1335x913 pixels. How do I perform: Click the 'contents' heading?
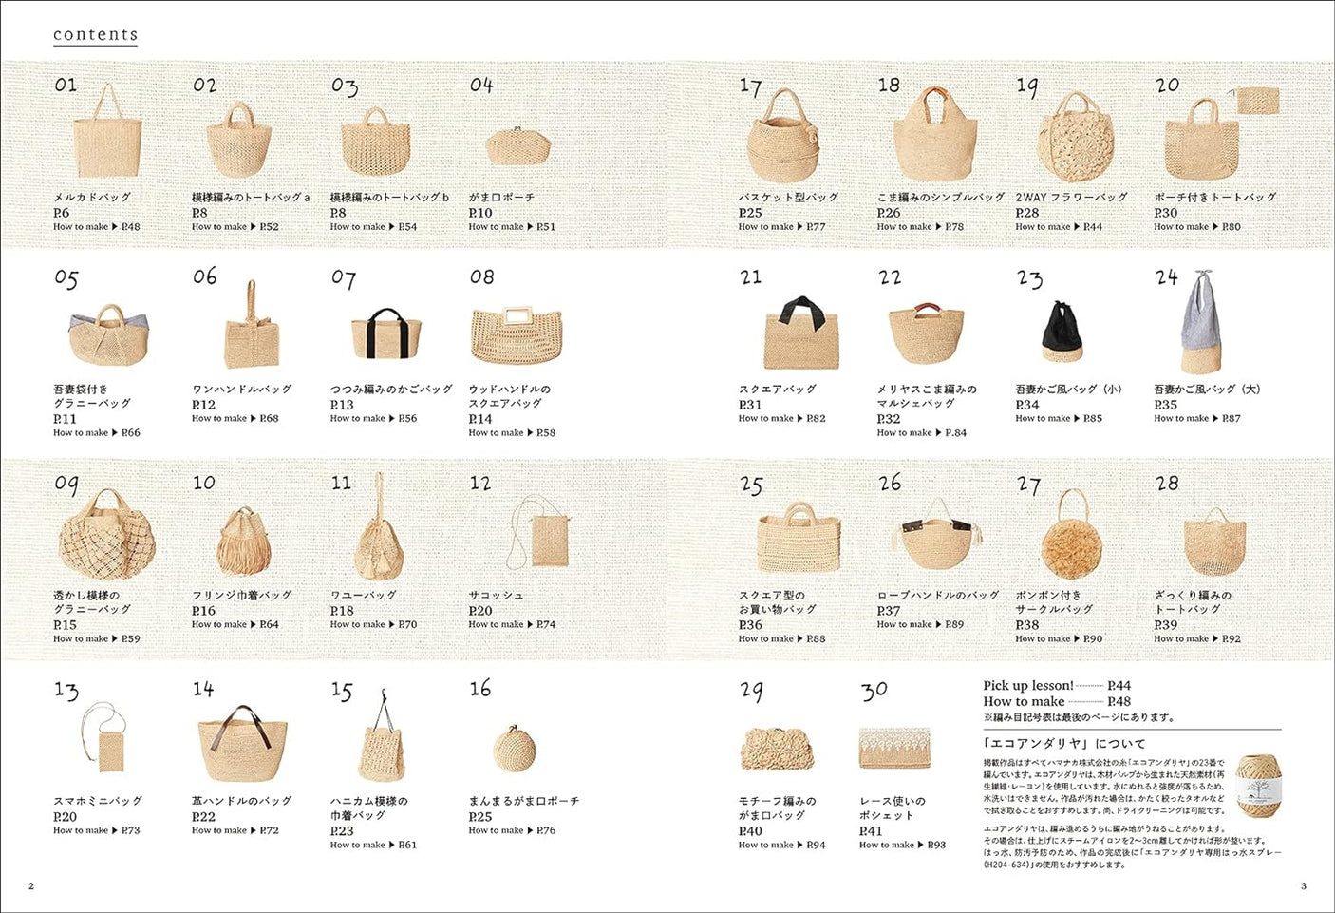(95, 35)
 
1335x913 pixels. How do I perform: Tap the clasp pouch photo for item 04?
(517, 145)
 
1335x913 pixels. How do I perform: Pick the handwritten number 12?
(480, 484)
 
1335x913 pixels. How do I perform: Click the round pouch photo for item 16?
(515, 749)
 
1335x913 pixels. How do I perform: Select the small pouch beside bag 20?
(1253, 101)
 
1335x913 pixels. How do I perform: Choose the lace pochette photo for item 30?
(893, 748)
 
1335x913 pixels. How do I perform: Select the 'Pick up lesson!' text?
(1027, 686)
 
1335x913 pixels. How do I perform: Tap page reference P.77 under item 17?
(816, 227)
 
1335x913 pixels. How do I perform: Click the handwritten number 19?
(1027, 87)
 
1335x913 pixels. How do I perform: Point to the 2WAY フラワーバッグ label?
(1071, 198)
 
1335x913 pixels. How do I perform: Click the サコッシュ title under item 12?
(496, 596)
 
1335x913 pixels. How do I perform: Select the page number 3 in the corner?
(1303, 886)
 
